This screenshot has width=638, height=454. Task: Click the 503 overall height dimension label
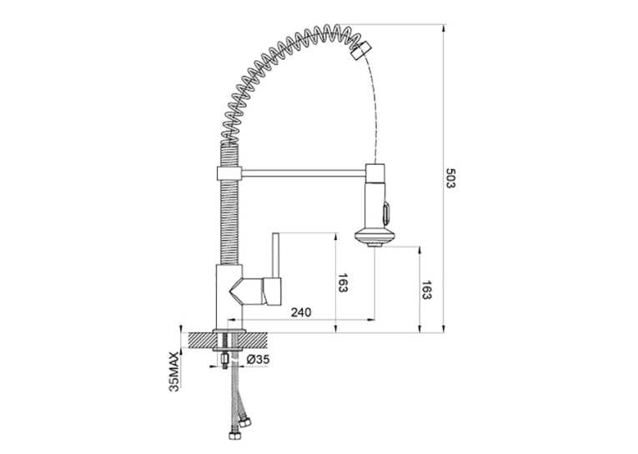pyautogui.click(x=451, y=178)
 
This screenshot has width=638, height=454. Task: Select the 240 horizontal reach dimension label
pyautogui.click(x=301, y=312)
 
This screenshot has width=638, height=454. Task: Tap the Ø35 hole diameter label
pyautogui.click(x=258, y=359)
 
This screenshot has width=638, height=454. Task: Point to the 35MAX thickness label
pyautogui.click(x=174, y=372)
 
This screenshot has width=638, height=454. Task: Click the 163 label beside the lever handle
pyautogui.click(x=343, y=283)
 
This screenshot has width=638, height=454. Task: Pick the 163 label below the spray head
pyautogui.click(x=426, y=290)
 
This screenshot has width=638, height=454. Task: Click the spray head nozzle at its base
pyautogui.click(x=374, y=244)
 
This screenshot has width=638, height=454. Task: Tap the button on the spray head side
pyautogui.click(x=386, y=213)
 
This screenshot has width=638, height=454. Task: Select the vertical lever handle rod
pyautogui.click(x=275, y=255)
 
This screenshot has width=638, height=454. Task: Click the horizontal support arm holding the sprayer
pyautogui.click(x=304, y=173)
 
